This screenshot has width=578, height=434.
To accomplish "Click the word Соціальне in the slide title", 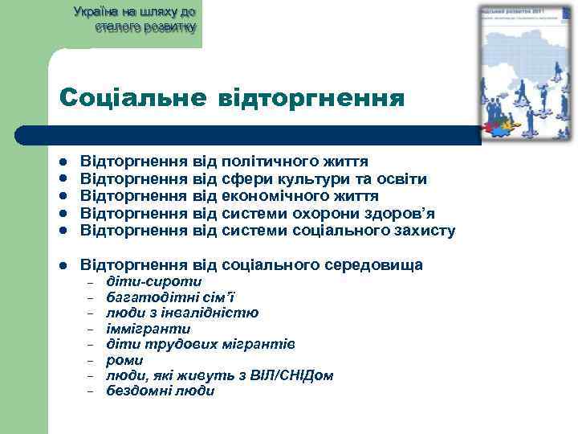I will point(131,99).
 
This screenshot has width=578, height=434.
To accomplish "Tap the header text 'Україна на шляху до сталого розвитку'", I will point(134,19).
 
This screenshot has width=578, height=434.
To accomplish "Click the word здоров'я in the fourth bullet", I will point(397,214).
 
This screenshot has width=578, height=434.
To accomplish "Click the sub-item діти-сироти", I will point(154,282).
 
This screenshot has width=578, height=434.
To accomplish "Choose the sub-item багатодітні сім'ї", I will point(170,297).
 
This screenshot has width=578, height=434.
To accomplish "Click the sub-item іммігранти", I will point(149,329).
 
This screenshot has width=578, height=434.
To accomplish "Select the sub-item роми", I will point(124,360).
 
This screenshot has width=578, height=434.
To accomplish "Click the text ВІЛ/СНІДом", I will point(289,375).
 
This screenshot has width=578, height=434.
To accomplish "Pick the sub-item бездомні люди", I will point(161,391).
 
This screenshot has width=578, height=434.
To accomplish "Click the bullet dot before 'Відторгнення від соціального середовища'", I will point(63,265).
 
